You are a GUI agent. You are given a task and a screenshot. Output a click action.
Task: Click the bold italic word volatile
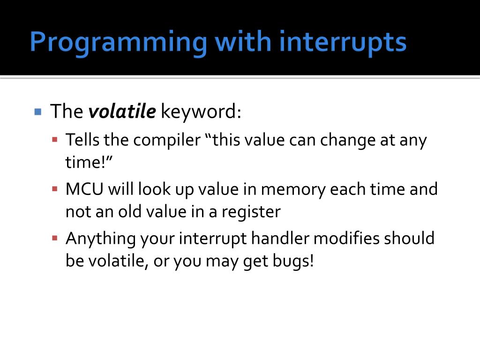pyautogui.click(x=122, y=111)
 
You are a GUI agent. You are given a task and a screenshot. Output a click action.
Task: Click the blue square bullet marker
pyautogui.click(x=38, y=112)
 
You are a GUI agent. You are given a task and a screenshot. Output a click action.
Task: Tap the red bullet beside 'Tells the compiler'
pyautogui.click(x=55, y=140)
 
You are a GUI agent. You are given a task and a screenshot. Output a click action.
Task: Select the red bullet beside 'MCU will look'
pyautogui.click(x=55, y=189)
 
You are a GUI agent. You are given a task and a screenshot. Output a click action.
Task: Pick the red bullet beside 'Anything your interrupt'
pyautogui.click(x=55, y=238)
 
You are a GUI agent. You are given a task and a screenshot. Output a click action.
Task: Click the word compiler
pyautogui.click(x=167, y=141)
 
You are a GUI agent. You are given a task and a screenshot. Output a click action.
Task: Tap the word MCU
pyautogui.click(x=84, y=189)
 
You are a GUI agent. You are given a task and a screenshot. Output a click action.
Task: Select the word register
pyautogui.click(x=251, y=212)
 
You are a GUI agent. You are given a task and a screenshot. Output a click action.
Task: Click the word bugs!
pyautogui.click(x=293, y=262)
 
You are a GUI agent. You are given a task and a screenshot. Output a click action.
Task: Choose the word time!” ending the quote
pyautogui.click(x=89, y=162)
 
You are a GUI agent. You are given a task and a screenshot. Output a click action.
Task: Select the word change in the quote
pyautogui.click(x=348, y=141)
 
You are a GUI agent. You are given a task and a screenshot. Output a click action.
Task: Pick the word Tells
pyautogui.click(x=82, y=140)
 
